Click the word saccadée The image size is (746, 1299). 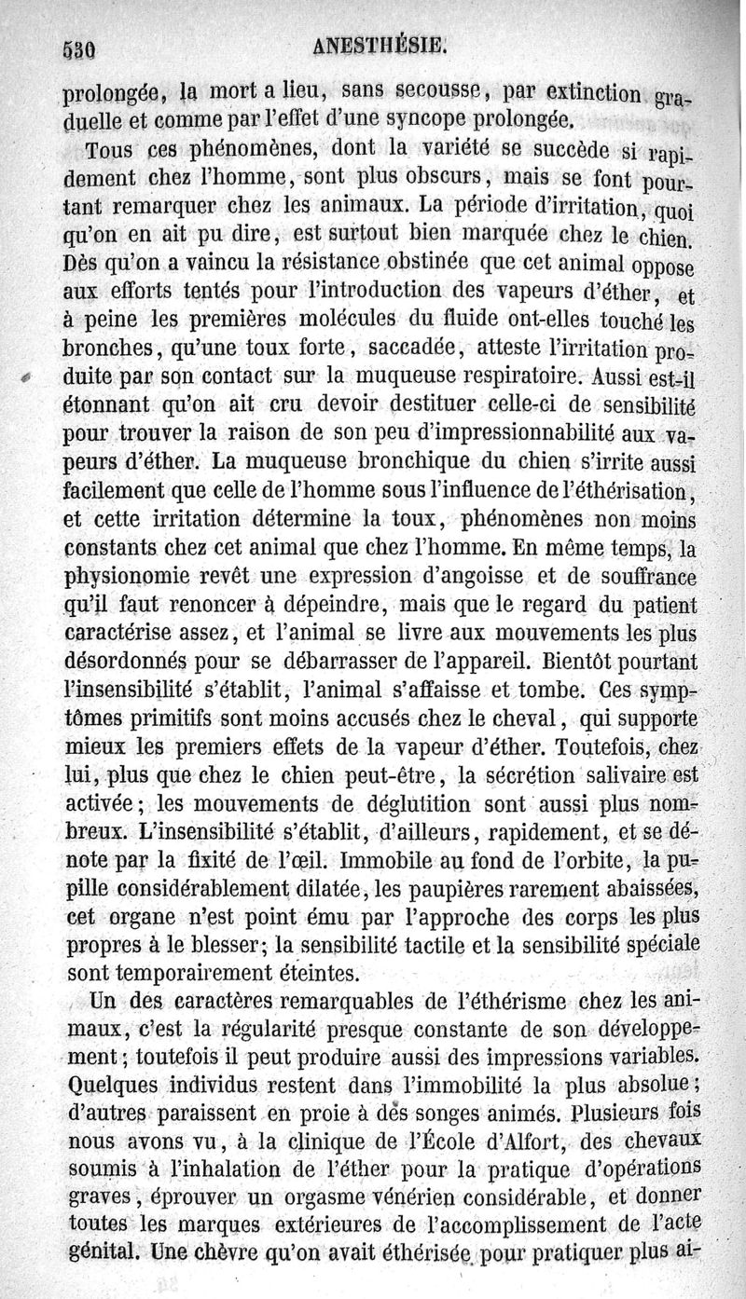coord(413,350)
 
